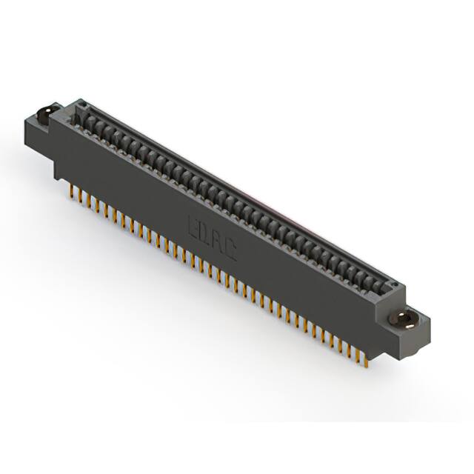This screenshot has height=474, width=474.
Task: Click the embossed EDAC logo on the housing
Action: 212,238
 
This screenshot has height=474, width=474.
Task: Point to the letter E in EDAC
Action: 195,225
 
